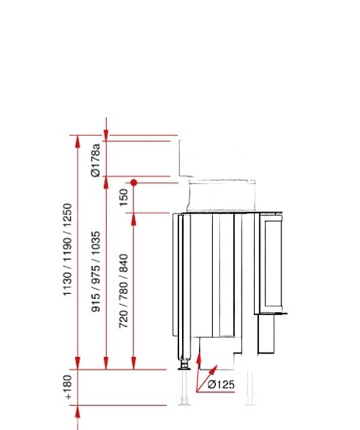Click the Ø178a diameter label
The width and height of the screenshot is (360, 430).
click(95, 160)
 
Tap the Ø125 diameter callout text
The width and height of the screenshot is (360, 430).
click(221, 385)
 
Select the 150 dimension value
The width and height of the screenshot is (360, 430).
click(124, 197)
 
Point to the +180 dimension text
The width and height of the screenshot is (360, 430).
click(67, 388)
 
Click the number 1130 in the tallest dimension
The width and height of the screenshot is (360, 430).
click(67, 284)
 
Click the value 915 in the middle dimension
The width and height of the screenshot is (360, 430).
click(95, 303)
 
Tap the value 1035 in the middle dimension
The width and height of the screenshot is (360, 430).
click(95, 244)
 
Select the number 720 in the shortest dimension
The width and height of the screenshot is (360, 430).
click(124, 319)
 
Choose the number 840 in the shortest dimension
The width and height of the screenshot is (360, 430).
click(124, 263)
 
